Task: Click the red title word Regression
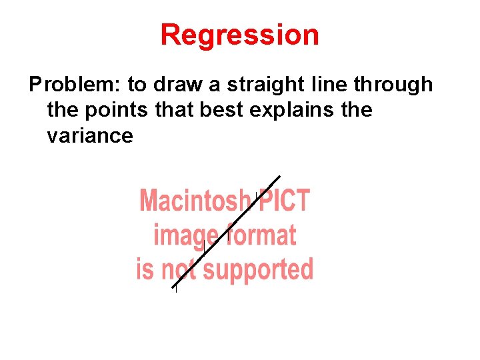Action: (x=239, y=35)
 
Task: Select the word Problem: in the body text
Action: (x=75, y=85)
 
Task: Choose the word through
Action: (x=393, y=85)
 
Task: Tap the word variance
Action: (x=90, y=136)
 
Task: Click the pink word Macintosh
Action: (x=193, y=200)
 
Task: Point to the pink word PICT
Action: (x=285, y=200)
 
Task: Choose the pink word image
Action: (x=185, y=235)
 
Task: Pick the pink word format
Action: (x=262, y=235)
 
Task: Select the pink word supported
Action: (x=258, y=270)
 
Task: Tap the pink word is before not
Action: (x=145, y=269)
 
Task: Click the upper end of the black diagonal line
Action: (x=279, y=177)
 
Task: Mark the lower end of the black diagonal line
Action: (x=173, y=287)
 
